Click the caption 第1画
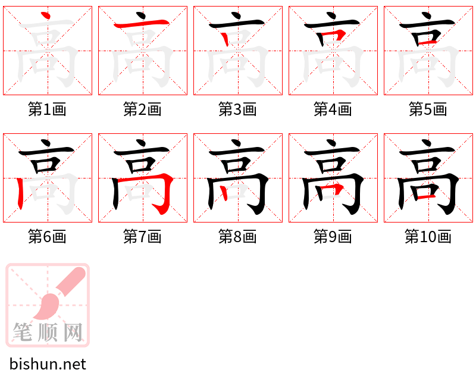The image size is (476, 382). [x=47, y=109]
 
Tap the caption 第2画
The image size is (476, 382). [x=142, y=109]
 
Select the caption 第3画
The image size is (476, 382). [x=237, y=109]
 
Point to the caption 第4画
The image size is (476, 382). [x=333, y=109]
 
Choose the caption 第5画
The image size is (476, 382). [x=428, y=109]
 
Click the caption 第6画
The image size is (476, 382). [x=47, y=237]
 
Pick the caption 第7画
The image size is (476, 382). [x=142, y=237]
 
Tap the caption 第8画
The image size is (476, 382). [x=237, y=237]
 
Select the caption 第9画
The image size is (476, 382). [x=333, y=237]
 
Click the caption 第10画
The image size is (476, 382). [x=428, y=237]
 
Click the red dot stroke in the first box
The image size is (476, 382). [x=45, y=15]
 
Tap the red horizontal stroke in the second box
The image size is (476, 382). [x=141, y=23]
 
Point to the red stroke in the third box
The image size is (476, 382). [x=225, y=39]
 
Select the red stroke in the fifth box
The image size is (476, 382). [x=427, y=42]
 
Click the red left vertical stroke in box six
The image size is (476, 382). [x=20, y=193]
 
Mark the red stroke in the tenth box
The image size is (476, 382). [x=427, y=198]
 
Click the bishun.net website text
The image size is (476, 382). [x=48, y=364]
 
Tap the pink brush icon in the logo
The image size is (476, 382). [x=59, y=293]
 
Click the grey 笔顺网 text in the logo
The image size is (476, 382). [x=48, y=332]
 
